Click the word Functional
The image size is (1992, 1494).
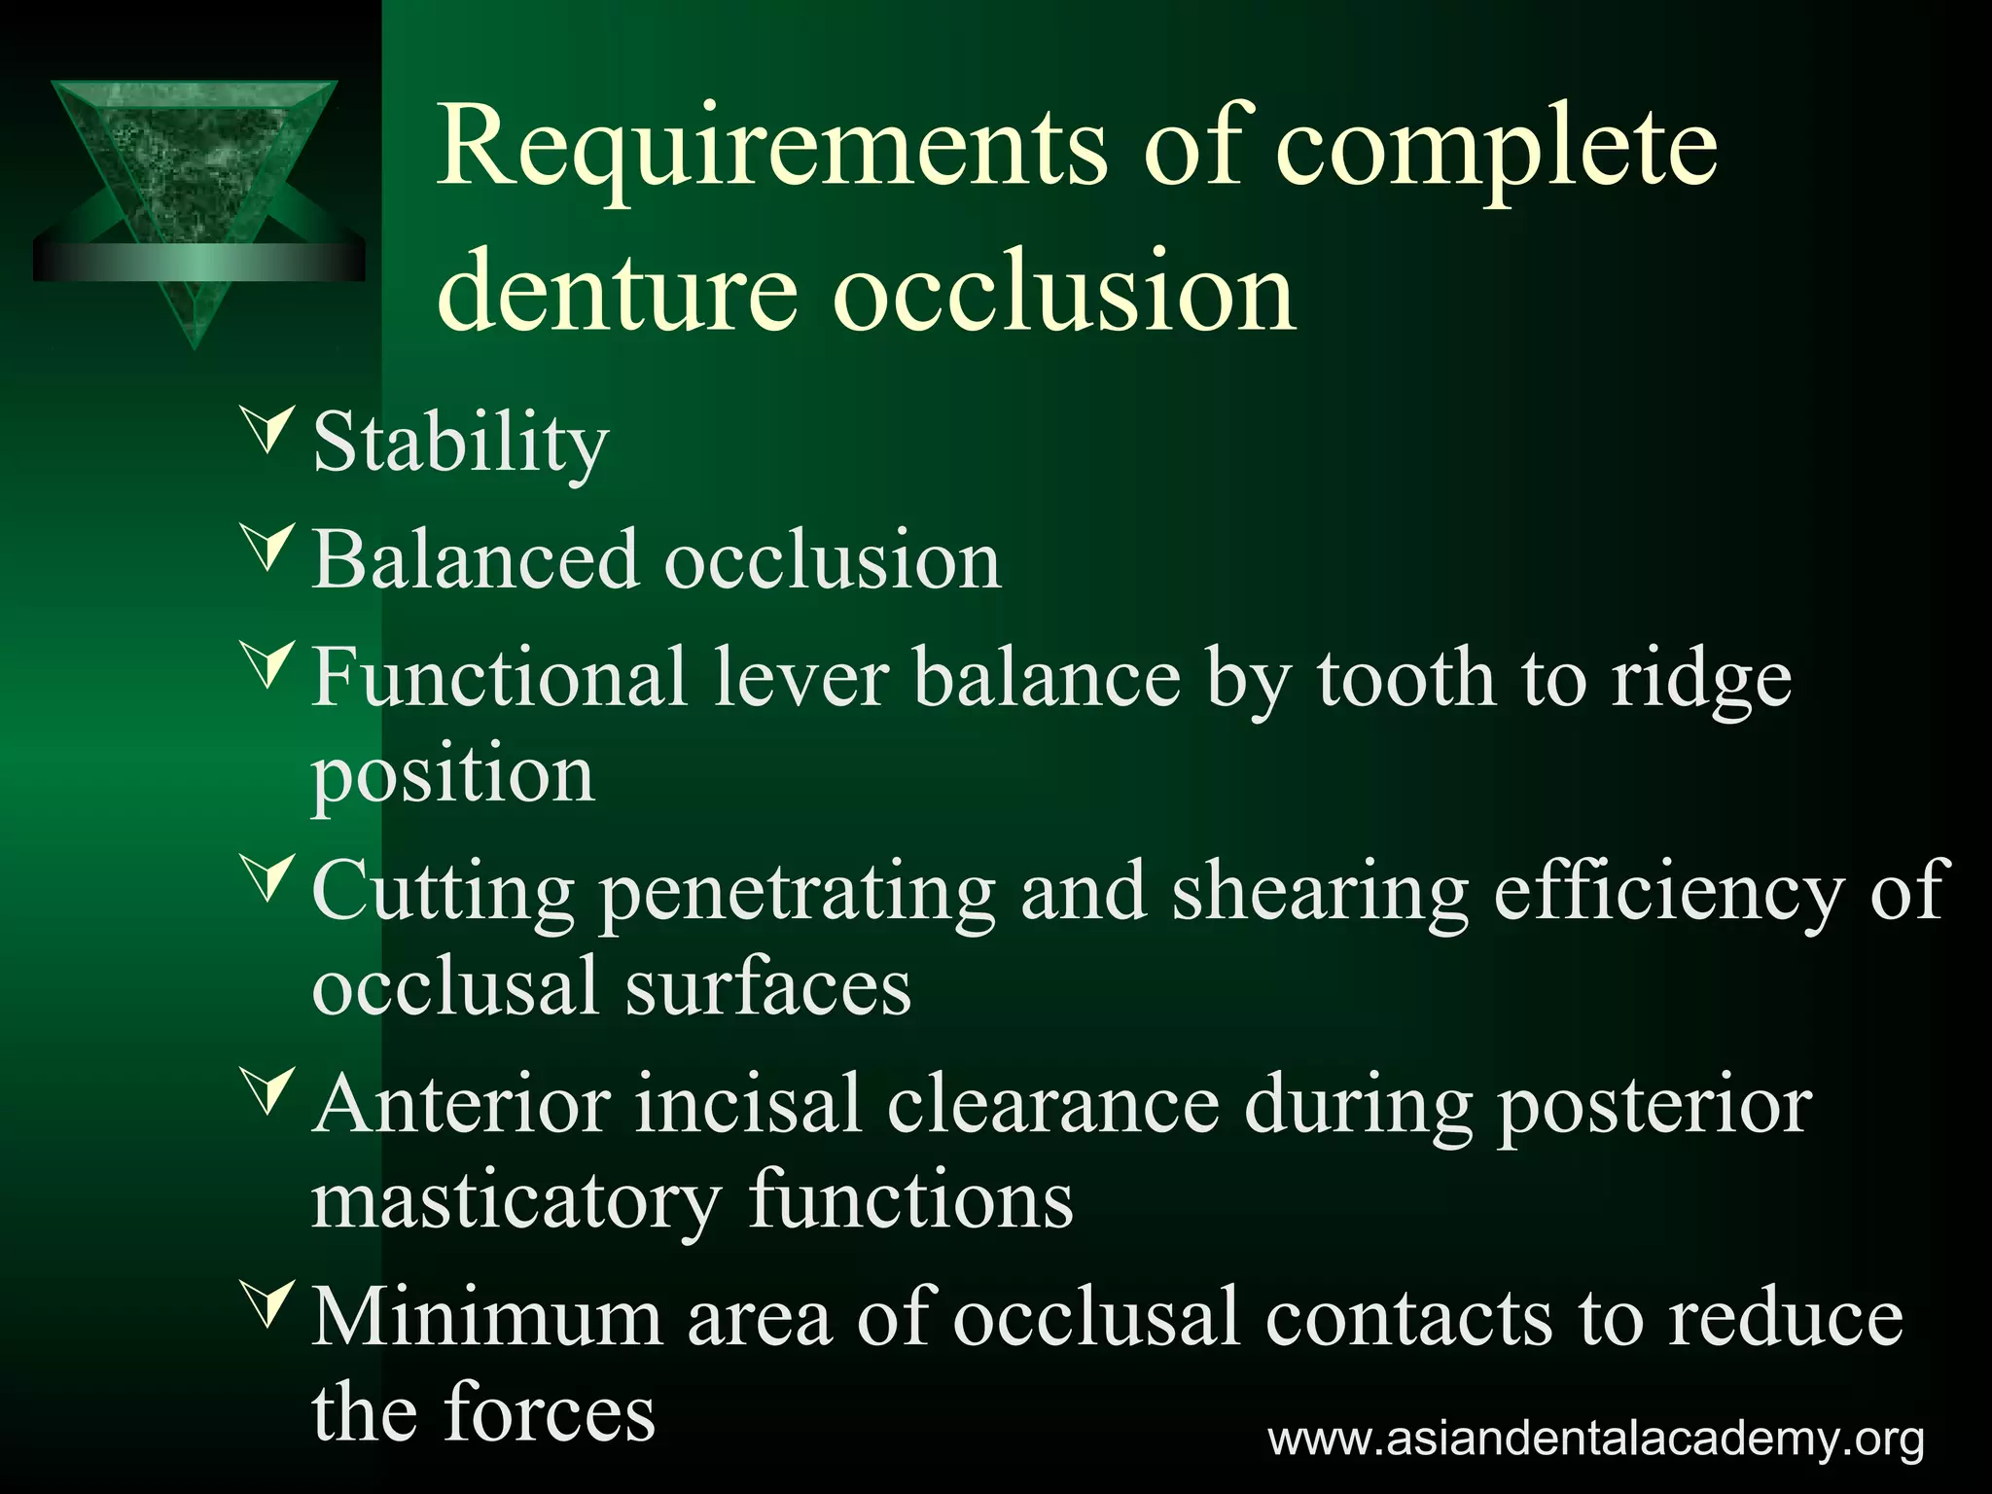click(499, 677)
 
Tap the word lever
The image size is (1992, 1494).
click(800, 677)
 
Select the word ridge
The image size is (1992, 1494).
click(1701, 679)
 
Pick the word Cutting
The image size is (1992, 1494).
click(444, 891)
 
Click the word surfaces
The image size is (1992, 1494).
click(767, 986)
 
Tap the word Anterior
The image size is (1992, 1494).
click(462, 1105)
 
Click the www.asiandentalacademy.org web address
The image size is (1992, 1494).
click(1595, 1439)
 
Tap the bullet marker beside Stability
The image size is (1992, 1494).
click(269, 430)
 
